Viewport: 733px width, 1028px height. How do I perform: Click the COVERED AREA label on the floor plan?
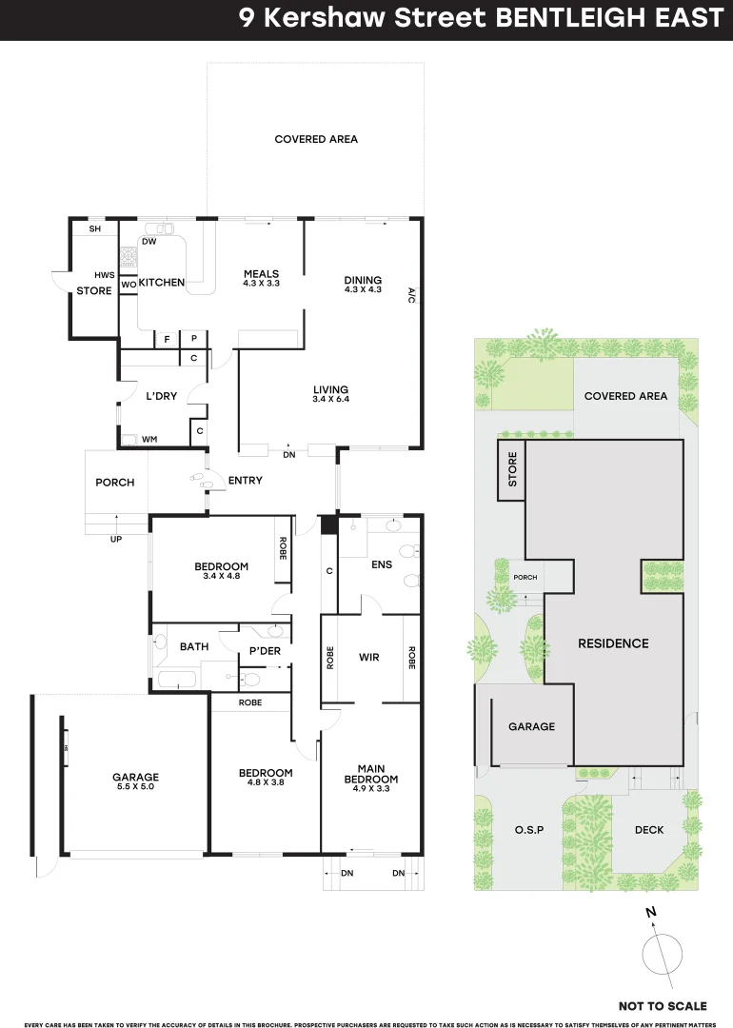coord(316,139)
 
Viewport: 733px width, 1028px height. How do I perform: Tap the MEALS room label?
coord(261,278)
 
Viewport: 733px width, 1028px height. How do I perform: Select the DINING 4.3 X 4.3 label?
coord(363,284)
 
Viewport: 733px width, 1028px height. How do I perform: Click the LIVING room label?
coord(331,394)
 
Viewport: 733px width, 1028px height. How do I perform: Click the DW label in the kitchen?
coord(149,242)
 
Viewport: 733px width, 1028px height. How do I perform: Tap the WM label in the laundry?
coord(149,439)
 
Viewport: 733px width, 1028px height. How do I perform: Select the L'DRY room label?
coord(161,396)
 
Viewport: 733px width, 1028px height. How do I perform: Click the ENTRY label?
coord(245,481)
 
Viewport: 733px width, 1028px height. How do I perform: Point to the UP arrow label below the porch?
coord(117,538)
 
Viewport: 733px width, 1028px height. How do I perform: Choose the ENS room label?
coord(381,564)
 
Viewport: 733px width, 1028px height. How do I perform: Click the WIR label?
coord(369,657)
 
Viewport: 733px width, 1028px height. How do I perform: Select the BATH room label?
coord(193,646)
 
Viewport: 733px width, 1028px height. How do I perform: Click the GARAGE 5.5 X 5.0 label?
coord(135,781)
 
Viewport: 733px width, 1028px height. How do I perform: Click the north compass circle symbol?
coord(663,952)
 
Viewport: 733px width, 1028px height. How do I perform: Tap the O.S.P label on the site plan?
coord(528,830)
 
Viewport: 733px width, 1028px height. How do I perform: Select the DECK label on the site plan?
coord(649,830)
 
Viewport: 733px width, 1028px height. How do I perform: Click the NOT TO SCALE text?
coord(663,1005)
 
